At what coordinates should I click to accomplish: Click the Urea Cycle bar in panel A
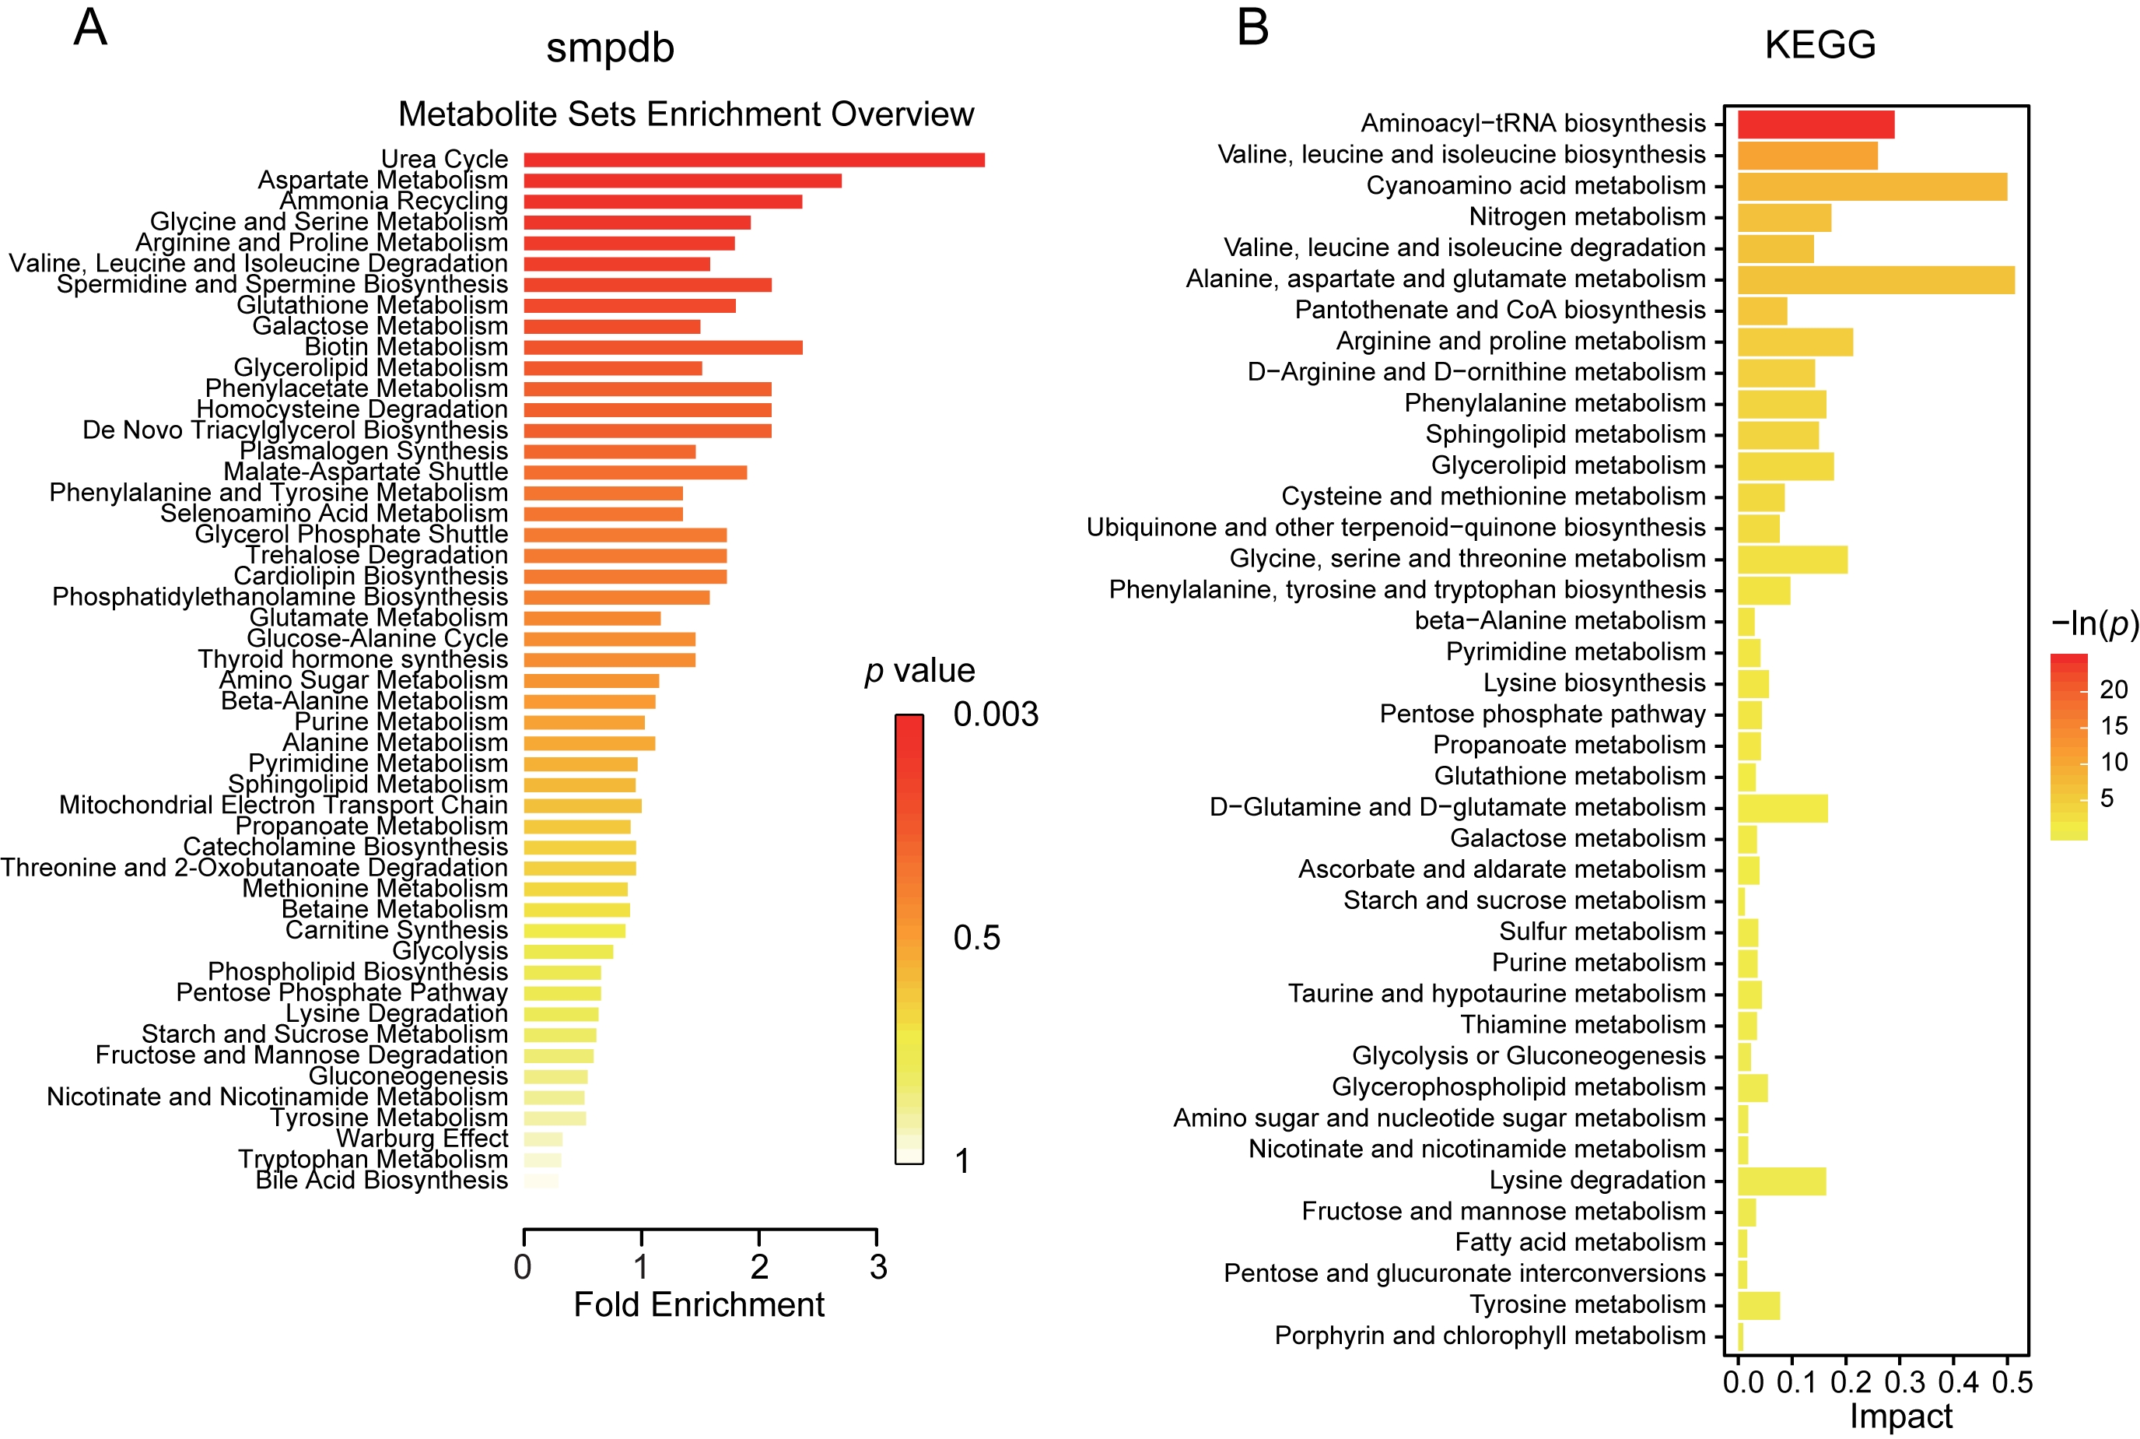[x=754, y=160]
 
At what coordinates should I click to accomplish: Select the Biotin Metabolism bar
[x=664, y=348]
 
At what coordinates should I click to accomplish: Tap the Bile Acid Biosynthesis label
[x=382, y=1180]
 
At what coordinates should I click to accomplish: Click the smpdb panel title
[x=610, y=47]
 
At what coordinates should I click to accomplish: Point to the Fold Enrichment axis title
[x=699, y=1305]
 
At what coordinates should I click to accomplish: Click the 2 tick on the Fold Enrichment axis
[x=759, y=1267]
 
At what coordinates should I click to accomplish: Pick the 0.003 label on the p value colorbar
[x=995, y=714]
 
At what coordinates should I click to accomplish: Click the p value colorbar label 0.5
[x=976, y=938]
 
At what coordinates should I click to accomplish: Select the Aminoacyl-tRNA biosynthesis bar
[x=1816, y=124]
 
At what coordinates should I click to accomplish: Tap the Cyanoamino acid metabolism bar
[x=1872, y=186]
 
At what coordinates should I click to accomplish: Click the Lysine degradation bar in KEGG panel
[x=1781, y=1181]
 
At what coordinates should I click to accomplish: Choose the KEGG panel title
[x=1820, y=45]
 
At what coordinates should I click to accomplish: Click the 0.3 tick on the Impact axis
[x=1904, y=1382]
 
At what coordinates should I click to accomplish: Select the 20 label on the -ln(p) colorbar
[x=2114, y=690]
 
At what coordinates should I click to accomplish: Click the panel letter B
[x=1253, y=27]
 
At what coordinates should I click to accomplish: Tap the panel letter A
[x=90, y=27]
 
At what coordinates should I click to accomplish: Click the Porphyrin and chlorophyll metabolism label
[x=1490, y=1336]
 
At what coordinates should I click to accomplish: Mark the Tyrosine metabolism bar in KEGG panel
[x=1758, y=1305]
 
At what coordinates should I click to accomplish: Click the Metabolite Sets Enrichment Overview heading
[x=685, y=114]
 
